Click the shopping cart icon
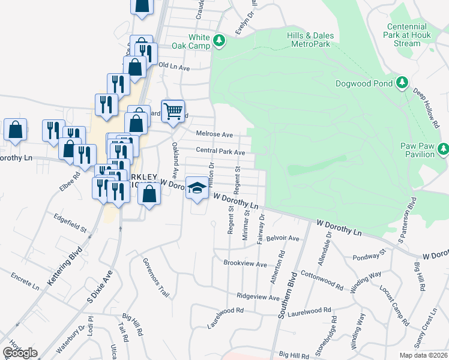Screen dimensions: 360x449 (173, 110)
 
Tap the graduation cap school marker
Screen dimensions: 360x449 (197, 188)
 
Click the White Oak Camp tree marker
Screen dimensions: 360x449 (220, 41)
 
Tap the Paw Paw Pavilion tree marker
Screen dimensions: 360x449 (443, 148)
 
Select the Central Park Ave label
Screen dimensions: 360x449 (220, 152)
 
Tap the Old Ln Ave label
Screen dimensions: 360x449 (174, 68)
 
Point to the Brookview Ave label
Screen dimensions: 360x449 (245, 263)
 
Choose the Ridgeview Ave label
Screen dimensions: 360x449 (258, 297)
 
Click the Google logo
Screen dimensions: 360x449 (20, 353)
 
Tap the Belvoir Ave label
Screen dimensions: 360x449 (283, 238)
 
